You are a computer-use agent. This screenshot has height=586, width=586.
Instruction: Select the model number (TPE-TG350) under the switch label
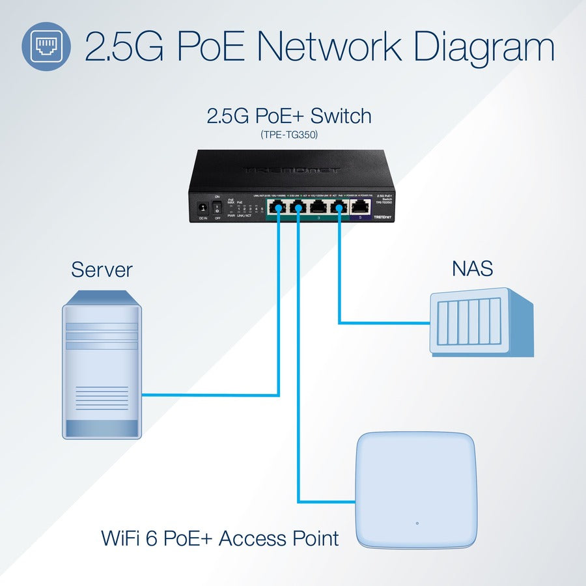(x=288, y=135)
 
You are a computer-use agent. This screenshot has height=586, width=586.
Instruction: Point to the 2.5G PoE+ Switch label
(x=288, y=116)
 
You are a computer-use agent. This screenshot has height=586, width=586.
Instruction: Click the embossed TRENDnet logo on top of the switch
(x=291, y=171)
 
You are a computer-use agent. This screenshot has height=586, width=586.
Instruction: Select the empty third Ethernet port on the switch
(x=318, y=207)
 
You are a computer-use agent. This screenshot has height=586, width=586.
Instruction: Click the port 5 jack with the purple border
(x=360, y=207)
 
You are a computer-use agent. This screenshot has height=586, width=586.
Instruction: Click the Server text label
(x=102, y=269)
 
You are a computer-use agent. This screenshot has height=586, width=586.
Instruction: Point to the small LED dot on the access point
(x=417, y=522)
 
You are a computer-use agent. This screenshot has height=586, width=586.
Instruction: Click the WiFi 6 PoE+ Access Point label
(x=220, y=538)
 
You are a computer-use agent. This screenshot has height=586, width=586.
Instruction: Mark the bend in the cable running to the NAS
(x=339, y=322)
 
